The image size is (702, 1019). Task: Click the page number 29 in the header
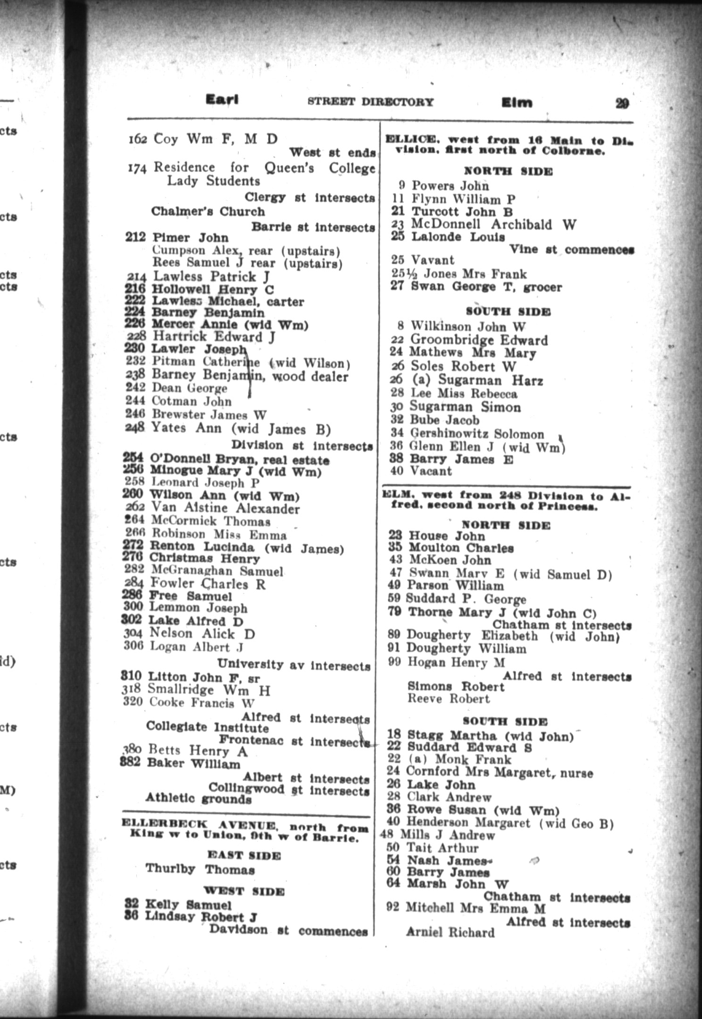[x=622, y=103]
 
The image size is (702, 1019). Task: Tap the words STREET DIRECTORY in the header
[x=370, y=101]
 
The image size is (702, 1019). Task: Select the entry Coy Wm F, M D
[x=216, y=139]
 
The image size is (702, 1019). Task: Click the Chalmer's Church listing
[x=208, y=211]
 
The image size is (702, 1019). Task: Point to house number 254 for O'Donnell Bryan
[x=133, y=458]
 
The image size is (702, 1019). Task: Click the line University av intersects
[x=293, y=665]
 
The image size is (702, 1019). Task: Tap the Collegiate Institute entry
[x=207, y=727]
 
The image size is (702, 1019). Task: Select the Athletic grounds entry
[x=198, y=798]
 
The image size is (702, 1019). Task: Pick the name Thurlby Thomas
[x=200, y=869]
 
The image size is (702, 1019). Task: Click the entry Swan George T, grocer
[x=486, y=287]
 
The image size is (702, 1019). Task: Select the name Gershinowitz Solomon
[x=477, y=434]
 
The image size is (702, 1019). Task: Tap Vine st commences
[x=571, y=249]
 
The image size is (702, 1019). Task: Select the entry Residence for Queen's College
[x=264, y=168]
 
